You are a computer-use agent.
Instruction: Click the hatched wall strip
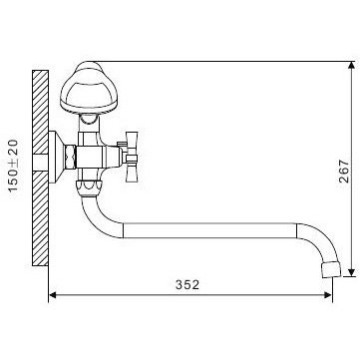[40, 167]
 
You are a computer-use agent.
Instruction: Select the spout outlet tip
[332, 241]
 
